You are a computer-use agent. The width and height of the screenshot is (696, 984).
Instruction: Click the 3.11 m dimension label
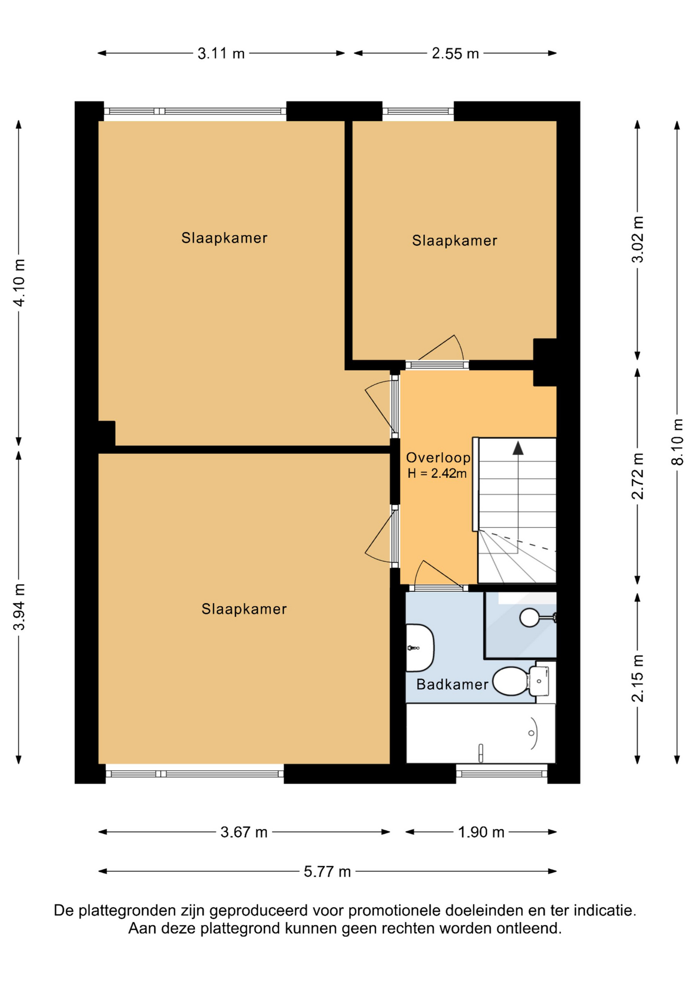pyautogui.click(x=221, y=53)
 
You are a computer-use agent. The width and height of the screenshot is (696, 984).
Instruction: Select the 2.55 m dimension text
pyautogui.click(x=455, y=53)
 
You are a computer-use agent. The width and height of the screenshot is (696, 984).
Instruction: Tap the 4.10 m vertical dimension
pyautogui.click(x=19, y=283)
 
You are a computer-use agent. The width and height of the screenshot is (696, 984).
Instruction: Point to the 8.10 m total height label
pyautogui.click(x=677, y=442)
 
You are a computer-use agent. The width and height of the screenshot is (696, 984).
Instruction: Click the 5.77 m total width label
pyautogui.click(x=327, y=871)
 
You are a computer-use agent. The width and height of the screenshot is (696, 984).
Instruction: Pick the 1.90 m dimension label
pyautogui.click(x=481, y=832)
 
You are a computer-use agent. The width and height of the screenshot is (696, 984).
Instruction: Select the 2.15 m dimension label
pyautogui.click(x=637, y=678)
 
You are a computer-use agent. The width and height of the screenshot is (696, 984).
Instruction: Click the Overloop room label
pyautogui.click(x=438, y=458)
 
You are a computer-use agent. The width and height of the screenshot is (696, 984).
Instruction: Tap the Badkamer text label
pyautogui.click(x=452, y=684)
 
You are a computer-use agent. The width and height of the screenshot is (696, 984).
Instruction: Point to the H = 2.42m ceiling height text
pyautogui.click(x=437, y=474)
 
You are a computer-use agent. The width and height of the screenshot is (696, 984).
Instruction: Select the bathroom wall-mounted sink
pyautogui.click(x=420, y=648)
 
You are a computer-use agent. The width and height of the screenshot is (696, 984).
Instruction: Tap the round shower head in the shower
pyautogui.click(x=529, y=618)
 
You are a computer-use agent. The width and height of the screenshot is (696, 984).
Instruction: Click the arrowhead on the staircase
pyautogui.click(x=518, y=448)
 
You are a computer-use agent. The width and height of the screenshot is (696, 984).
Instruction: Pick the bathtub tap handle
pyautogui.click(x=481, y=753)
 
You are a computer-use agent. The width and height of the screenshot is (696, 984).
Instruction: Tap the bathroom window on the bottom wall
pyautogui.click(x=502, y=774)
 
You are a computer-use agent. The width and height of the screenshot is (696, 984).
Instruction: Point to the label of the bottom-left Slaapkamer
pyautogui.click(x=244, y=609)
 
